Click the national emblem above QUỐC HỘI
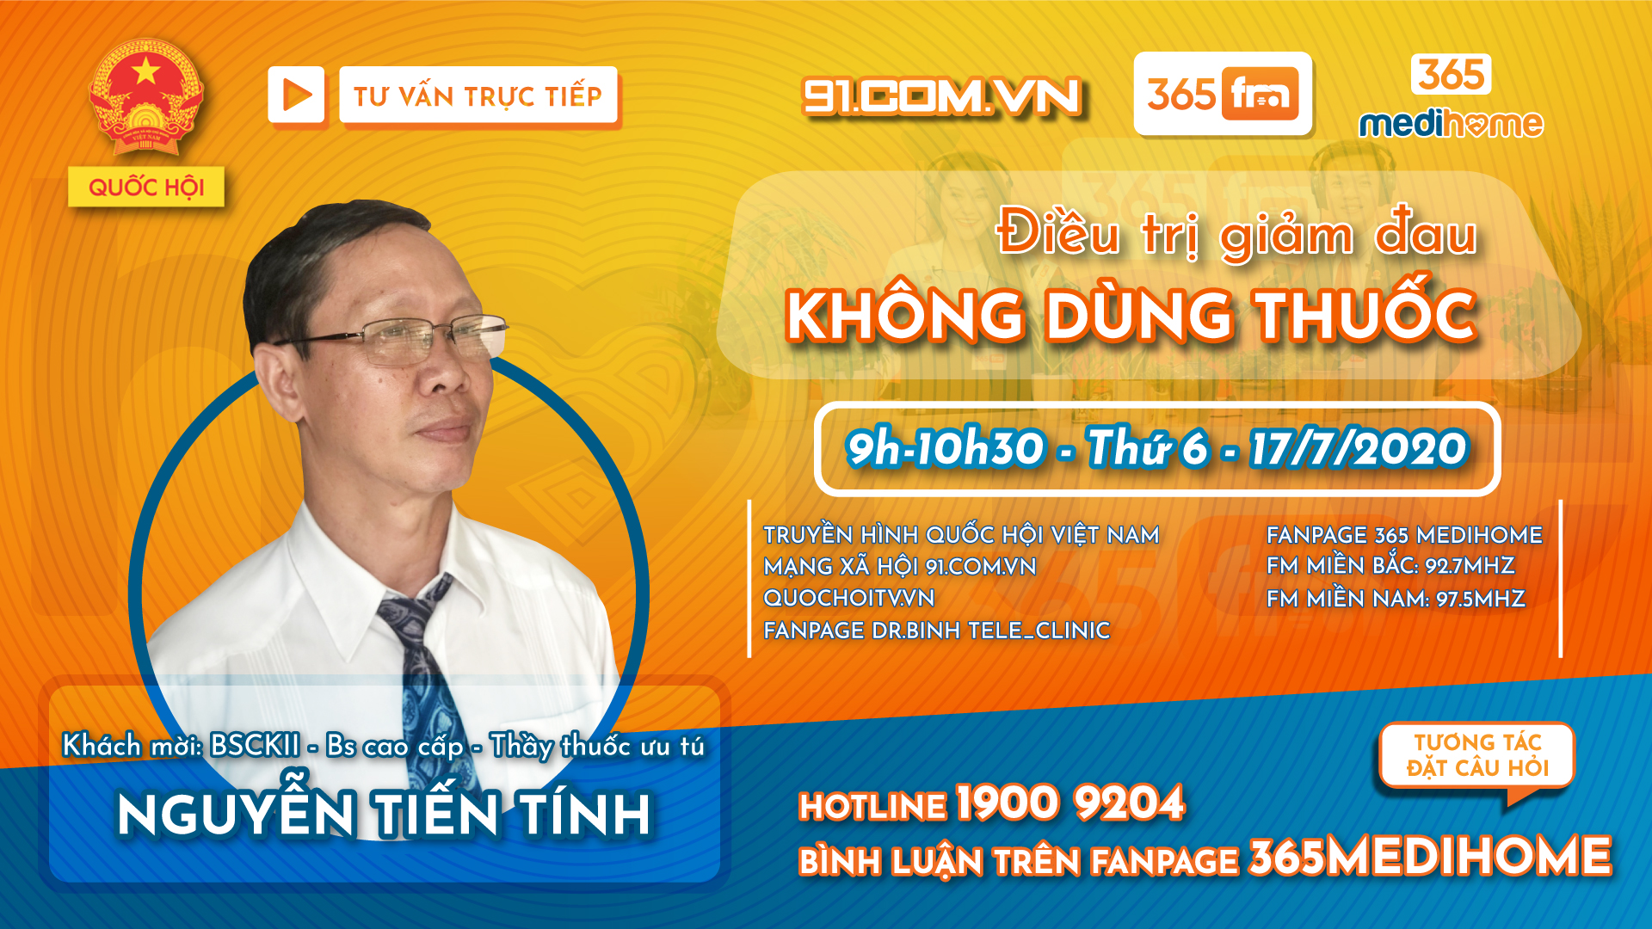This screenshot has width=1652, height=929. [x=146, y=96]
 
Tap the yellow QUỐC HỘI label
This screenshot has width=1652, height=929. [x=146, y=187]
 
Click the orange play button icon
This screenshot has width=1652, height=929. [x=296, y=95]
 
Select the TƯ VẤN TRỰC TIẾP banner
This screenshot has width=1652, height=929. [x=478, y=95]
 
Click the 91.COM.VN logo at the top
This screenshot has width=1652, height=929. [x=941, y=95]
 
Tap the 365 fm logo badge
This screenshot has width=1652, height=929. [x=1223, y=94]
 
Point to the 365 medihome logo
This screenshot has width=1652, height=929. [x=1452, y=96]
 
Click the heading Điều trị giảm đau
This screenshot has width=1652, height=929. [x=1236, y=232]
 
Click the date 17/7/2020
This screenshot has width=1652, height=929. [x=1359, y=448]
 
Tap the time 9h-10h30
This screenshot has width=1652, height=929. [x=945, y=448]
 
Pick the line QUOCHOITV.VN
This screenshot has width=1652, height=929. [x=848, y=598]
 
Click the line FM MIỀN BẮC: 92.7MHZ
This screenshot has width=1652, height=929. [x=1390, y=565]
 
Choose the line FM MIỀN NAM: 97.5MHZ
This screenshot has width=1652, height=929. [x=1396, y=598]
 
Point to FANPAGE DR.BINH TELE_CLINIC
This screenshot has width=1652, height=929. [x=936, y=631]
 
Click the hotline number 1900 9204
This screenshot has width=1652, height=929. [x=1069, y=803]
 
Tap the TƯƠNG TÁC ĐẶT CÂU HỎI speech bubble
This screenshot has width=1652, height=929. [x=1476, y=758]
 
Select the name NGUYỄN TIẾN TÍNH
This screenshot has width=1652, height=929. [x=384, y=813]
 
